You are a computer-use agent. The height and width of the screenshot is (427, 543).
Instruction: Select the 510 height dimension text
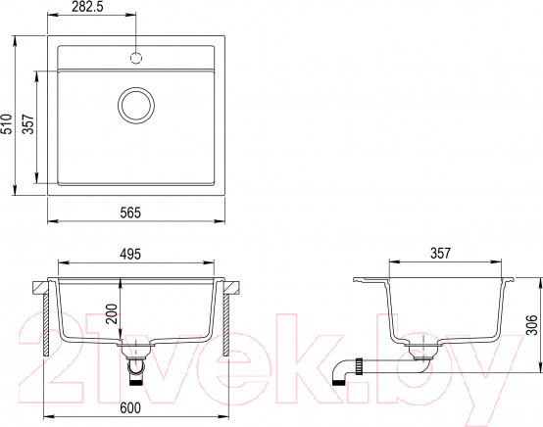click(9, 122)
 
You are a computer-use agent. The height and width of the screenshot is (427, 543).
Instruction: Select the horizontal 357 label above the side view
click(438, 255)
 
